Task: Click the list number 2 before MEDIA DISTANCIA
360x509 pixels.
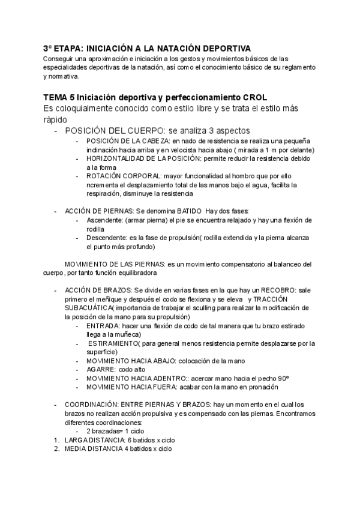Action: pos(56,449)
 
